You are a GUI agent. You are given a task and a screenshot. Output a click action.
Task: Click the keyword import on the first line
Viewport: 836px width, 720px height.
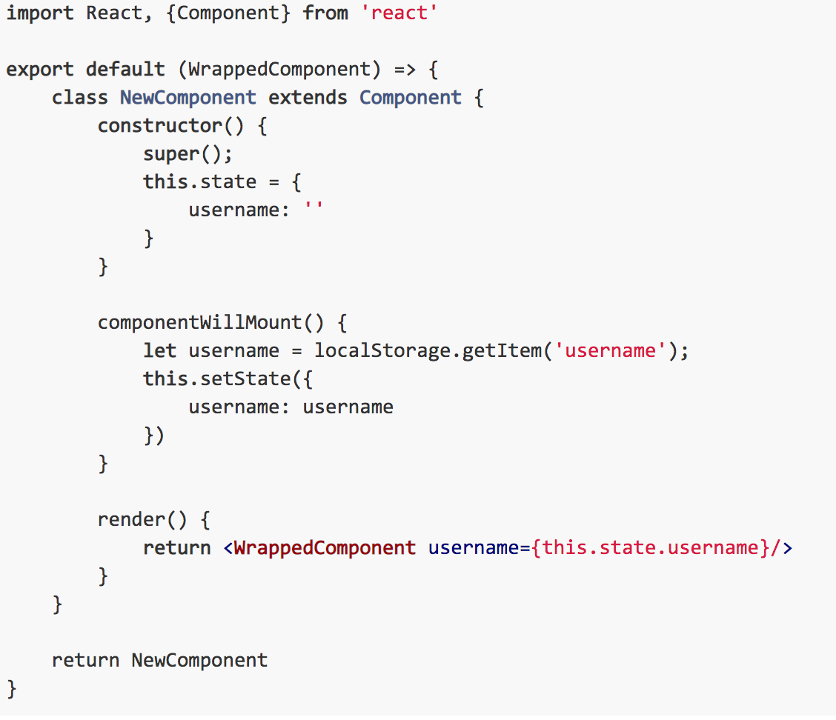pyautogui.click(x=40, y=13)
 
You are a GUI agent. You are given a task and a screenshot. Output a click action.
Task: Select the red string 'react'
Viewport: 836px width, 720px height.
pyautogui.click(x=399, y=13)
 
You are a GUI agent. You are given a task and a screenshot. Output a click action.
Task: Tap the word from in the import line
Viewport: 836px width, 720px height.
pyautogui.click(x=325, y=13)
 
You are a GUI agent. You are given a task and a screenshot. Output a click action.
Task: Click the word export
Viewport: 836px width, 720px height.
pyautogui.click(x=40, y=70)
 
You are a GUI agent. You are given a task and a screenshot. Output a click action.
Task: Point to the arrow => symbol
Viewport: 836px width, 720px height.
pyautogui.click(x=405, y=70)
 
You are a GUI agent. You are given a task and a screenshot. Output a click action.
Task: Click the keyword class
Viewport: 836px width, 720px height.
pyautogui.click(x=80, y=98)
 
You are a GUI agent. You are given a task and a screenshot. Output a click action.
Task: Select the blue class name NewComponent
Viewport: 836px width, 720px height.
pyautogui.click(x=188, y=98)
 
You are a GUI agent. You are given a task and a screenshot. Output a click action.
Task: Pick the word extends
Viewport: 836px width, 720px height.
pyautogui.click(x=308, y=98)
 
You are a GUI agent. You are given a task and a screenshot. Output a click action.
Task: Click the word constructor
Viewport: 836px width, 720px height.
pyautogui.click(x=160, y=126)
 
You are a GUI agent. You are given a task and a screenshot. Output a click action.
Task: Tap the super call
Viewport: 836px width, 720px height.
pyautogui.click(x=188, y=155)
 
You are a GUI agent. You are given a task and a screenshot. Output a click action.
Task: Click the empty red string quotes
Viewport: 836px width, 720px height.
pyautogui.click(x=313, y=206)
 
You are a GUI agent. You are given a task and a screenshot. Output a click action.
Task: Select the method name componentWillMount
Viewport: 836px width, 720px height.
pyautogui.click(x=200, y=322)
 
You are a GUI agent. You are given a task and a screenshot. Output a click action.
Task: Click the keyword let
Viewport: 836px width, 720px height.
pyautogui.click(x=159, y=350)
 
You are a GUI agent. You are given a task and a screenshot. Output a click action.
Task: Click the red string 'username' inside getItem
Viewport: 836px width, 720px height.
pyautogui.click(x=610, y=350)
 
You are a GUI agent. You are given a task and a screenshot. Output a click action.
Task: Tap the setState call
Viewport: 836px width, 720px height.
pyautogui.click(x=228, y=379)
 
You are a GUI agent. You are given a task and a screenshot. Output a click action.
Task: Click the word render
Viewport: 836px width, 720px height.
pyautogui.click(x=131, y=519)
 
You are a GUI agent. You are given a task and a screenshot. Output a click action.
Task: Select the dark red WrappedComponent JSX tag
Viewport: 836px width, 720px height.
pyautogui.click(x=325, y=548)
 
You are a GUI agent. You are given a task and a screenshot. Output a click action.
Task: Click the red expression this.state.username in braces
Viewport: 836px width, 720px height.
pyautogui.click(x=651, y=548)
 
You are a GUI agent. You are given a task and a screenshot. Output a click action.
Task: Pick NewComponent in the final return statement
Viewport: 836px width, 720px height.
pyautogui.click(x=199, y=661)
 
